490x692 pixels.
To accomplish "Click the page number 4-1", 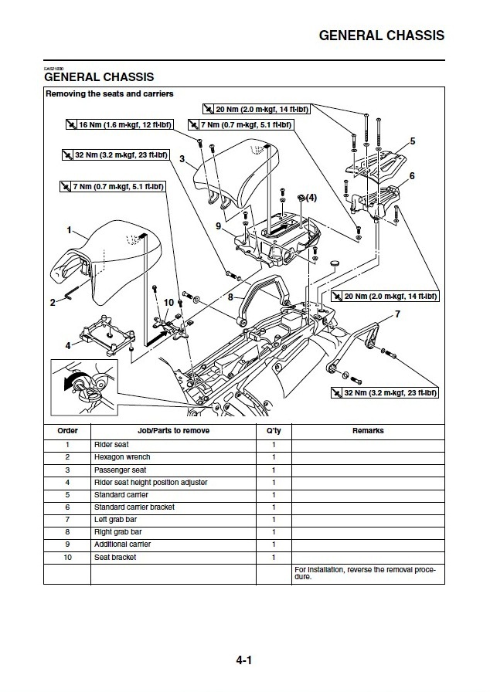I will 245,661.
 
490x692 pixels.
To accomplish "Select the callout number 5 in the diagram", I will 413,141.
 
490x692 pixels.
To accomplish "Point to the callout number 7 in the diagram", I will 397,314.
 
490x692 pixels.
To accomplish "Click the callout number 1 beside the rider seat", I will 69,230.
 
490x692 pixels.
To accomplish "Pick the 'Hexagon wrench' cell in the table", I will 122,457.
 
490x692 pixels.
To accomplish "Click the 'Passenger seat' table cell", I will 120,470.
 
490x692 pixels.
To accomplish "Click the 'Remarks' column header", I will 368,431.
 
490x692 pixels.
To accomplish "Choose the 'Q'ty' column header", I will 273,431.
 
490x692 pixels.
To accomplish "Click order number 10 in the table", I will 67,557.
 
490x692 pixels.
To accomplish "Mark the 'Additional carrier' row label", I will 122,544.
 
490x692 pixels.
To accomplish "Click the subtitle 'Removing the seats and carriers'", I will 109,94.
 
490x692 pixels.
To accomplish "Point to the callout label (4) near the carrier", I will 310,198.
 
